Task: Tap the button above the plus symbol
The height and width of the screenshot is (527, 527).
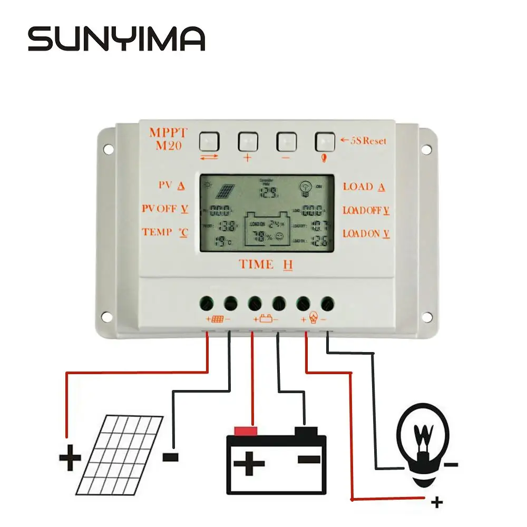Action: (248, 141)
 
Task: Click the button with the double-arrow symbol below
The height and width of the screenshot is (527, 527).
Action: (209, 141)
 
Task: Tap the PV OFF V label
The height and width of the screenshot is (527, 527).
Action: (165, 209)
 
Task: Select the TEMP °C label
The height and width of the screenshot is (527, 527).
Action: (165, 232)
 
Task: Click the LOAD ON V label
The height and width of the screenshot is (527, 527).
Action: (366, 233)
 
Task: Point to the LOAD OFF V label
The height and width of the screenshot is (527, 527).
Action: (366, 210)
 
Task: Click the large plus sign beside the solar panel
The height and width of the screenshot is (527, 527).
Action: (70, 458)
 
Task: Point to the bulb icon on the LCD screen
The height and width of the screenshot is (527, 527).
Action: (305, 187)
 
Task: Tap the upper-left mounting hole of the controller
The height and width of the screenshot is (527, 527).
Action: (109, 149)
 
